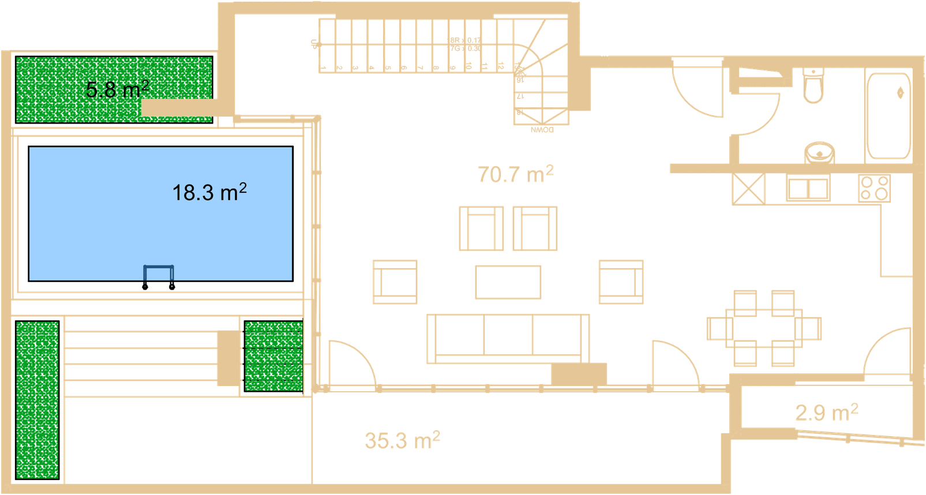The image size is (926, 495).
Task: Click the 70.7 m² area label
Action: click(516, 174)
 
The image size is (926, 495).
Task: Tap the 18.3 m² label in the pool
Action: click(209, 192)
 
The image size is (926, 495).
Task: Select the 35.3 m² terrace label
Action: click(402, 440)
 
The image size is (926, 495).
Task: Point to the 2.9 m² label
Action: click(826, 412)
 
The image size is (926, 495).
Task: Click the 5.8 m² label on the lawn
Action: click(117, 89)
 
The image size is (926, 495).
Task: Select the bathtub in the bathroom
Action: click(888, 115)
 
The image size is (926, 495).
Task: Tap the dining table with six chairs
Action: click(764, 329)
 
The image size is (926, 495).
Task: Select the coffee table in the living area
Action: click(508, 282)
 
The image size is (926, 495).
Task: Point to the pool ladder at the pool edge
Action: click(159, 273)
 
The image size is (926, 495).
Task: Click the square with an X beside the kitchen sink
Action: click(748, 189)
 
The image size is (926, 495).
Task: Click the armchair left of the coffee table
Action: click(395, 282)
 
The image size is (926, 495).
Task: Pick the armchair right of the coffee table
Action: click(621, 282)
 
